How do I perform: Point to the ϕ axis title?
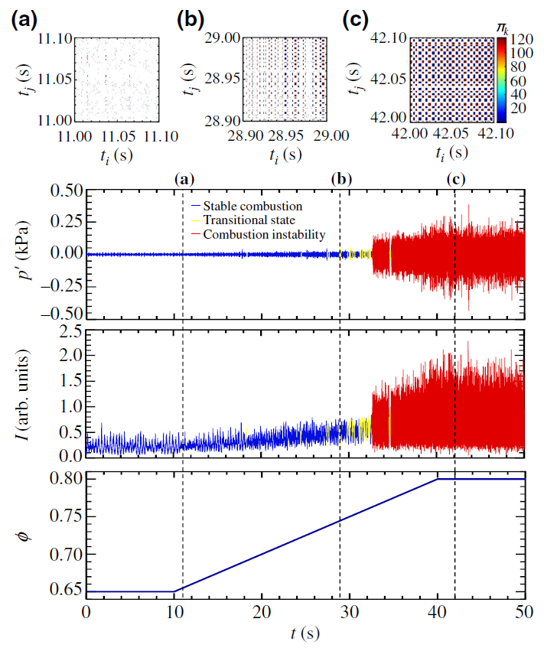pyautogui.click(x=23, y=536)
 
